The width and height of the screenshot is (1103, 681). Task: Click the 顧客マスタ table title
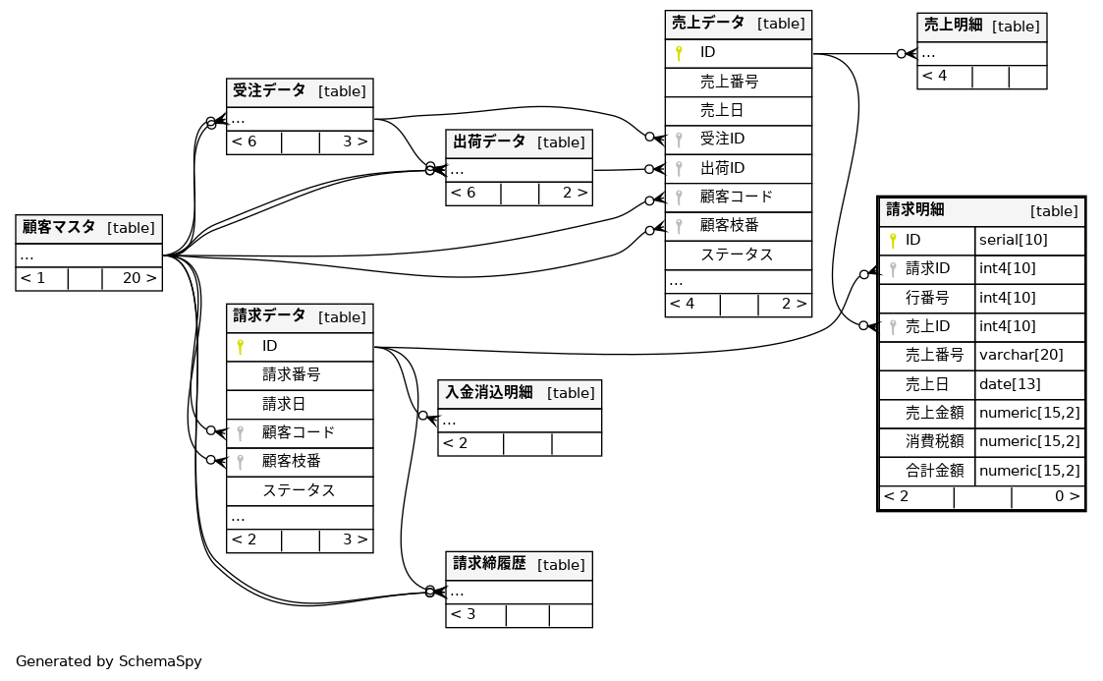click(x=59, y=227)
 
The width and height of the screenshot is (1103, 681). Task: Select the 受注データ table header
click(x=269, y=91)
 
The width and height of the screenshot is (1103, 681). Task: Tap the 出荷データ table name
click(x=489, y=142)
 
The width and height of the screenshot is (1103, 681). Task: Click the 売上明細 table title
click(x=953, y=26)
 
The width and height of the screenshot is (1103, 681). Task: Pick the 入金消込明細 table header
click(x=489, y=392)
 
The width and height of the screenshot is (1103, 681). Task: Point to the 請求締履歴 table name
click(x=489, y=564)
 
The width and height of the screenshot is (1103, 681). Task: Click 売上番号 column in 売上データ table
click(x=729, y=82)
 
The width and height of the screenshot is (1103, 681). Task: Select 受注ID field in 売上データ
click(x=722, y=140)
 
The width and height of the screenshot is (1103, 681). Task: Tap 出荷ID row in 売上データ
click(x=722, y=168)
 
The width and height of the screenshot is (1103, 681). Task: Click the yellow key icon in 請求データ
click(x=240, y=346)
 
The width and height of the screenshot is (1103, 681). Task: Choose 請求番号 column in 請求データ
click(x=292, y=374)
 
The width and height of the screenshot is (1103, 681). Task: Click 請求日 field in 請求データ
click(x=284, y=404)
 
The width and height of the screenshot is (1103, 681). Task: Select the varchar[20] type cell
click(x=1020, y=355)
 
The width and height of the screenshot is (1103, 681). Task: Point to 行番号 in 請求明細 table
click(x=927, y=298)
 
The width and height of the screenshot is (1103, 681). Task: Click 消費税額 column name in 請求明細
click(x=934, y=441)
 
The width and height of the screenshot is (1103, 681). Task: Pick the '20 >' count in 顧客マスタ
click(x=139, y=278)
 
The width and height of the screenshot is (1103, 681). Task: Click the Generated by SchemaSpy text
click(x=109, y=661)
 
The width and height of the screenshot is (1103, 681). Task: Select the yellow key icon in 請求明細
click(x=893, y=240)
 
